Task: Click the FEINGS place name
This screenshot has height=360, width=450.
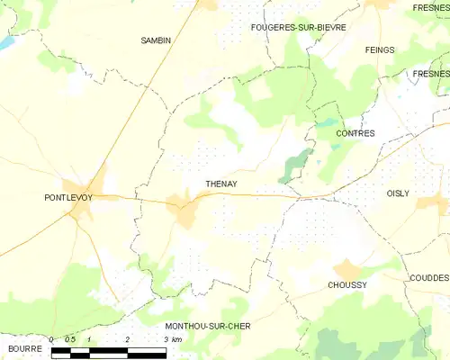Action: pos(381,49)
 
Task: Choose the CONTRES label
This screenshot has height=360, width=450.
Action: pos(355,133)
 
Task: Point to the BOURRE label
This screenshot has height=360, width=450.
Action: pos(24,346)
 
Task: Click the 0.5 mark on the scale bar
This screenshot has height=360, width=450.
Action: pos(69,339)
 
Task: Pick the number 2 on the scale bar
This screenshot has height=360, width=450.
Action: pos(128,339)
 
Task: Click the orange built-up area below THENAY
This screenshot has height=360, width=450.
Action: pos(187,214)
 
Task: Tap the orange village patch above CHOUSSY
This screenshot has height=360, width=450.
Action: pos(346,268)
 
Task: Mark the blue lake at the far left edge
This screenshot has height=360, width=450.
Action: pos(5,42)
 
